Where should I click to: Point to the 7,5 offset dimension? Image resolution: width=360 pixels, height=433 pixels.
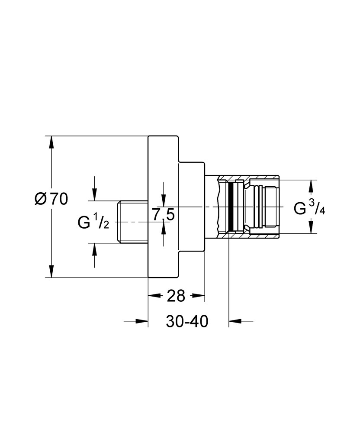[163, 213]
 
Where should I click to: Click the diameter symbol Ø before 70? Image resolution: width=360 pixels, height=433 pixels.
[40, 199]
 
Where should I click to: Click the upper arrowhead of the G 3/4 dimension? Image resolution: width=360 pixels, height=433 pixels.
[310, 185]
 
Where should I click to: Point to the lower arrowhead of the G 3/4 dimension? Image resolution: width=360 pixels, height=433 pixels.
[310, 228]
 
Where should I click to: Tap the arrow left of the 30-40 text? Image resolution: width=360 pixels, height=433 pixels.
[143, 321]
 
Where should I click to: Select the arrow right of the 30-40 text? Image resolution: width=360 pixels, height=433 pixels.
[234, 321]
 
